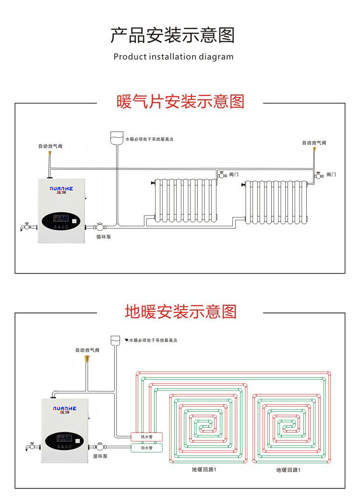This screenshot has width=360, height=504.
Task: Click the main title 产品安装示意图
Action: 173,36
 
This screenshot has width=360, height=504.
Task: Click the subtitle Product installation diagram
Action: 173,57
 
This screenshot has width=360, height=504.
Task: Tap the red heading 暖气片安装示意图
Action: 180,102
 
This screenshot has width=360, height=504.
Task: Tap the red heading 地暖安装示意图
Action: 180,312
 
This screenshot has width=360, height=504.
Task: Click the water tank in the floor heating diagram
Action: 116,340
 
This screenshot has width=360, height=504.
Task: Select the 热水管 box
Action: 146,437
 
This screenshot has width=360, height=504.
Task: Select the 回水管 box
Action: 146,448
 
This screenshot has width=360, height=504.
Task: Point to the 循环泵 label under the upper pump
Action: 103,237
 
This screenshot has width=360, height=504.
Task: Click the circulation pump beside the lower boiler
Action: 100,446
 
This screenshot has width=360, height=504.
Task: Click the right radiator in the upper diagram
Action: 276,202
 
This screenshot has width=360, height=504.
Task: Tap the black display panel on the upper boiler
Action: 61,221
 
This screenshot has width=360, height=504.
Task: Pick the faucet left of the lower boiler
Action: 32,446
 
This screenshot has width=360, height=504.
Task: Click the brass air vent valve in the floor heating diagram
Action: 87,358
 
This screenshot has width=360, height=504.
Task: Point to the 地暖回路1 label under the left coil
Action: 204,469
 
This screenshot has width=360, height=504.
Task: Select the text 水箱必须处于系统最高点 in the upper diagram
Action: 149,139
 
